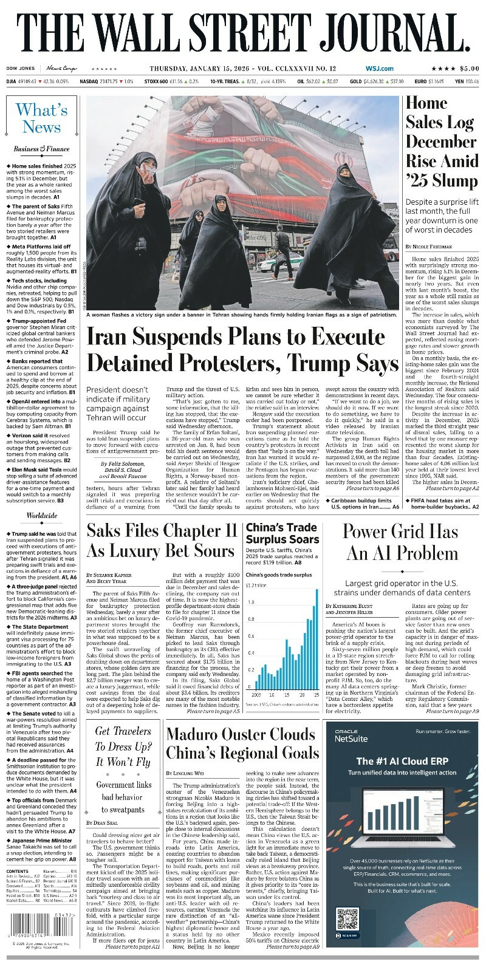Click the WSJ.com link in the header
(x=379, y=69)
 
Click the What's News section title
(x=42, y=118)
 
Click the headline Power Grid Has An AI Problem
(x=400, y=542)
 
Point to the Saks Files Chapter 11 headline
(x=162, y=540)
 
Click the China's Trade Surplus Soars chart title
(x=282, y=533)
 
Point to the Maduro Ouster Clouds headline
(x=242, y=743)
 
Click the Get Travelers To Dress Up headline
(x=123, y=746)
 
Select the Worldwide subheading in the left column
(x=42, y=516)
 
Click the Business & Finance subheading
(x=42, y=149)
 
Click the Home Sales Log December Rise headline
(x=441, y=142)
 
